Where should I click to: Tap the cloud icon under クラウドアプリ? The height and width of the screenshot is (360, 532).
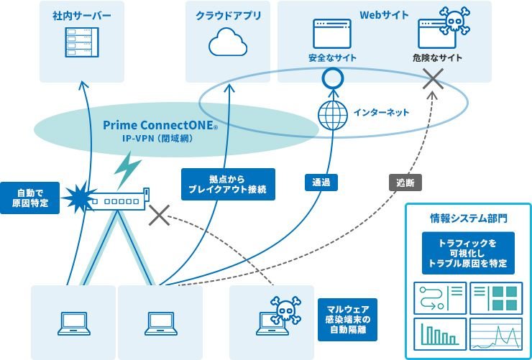(228, 43)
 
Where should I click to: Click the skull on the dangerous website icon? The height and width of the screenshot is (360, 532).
(454, 22)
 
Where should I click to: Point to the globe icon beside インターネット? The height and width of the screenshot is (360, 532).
(331, 114)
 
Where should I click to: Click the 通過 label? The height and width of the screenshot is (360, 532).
(321, 183)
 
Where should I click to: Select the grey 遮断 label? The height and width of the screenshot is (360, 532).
(405, 183)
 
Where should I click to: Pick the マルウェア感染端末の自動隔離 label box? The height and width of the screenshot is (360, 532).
(343, 318)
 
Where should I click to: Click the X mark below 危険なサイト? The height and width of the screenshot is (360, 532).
(433, 80)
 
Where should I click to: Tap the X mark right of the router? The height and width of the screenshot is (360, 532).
(159, 214)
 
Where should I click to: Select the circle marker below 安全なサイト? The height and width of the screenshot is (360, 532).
(331, 77)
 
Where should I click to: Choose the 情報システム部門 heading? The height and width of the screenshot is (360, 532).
(467, 217)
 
